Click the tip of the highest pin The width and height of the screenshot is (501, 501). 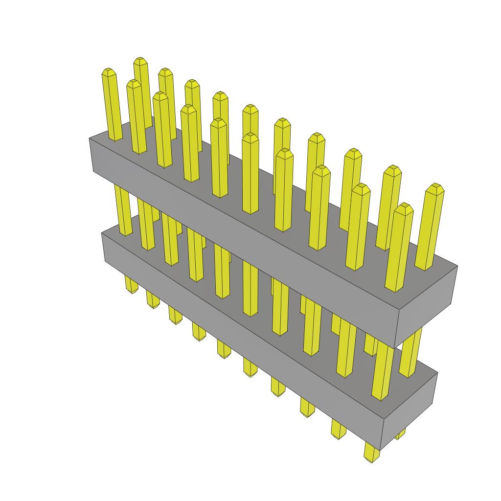pos(141,60)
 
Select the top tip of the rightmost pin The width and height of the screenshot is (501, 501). pos(434,187)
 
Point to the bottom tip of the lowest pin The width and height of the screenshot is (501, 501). pos(371,459)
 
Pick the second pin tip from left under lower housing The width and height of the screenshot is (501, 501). pos(153,306)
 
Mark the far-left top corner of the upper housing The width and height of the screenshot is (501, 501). pos(90,138)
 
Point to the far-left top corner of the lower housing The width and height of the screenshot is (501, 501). pos(102,233)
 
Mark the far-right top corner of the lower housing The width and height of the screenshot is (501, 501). pos(437,373)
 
